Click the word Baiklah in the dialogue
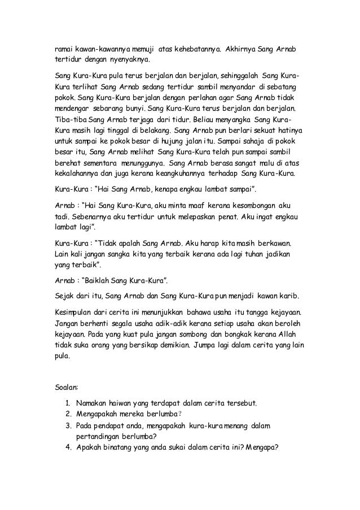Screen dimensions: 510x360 point(104,281)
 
